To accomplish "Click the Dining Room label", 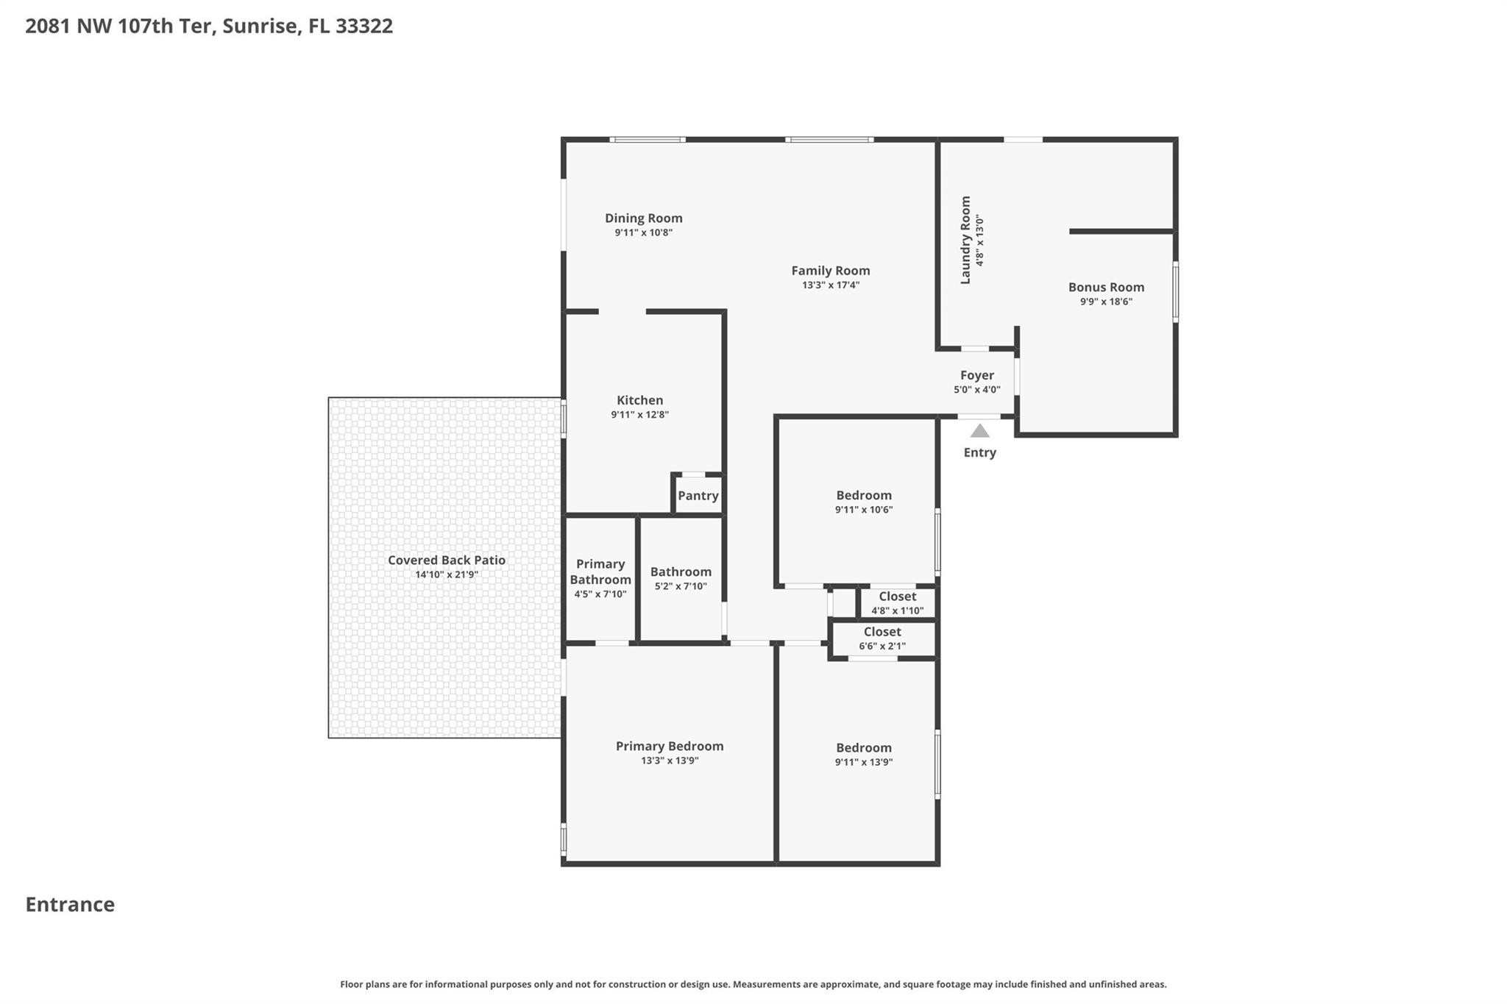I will click(x=643, y=218).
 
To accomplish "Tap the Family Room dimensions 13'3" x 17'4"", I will click(x=830, y=285).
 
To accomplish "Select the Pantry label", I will click(x=698, y=495).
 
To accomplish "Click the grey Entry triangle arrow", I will click(x=979, y=431).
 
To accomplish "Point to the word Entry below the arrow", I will click(x=979, y=452).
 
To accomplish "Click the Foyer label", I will click(x=976, y=375).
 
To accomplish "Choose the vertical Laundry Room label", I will click(x=965, y=240).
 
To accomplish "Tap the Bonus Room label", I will click(x=1106, y=287).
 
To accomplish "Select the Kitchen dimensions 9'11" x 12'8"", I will click(x=639, y=415).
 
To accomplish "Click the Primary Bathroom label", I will click(x=600, y=572).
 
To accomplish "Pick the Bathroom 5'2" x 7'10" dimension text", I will click(x=680, y=587).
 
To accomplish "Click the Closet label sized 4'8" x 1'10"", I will click(x=897, y=597).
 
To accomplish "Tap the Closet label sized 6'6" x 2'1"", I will click(x=882, y=632).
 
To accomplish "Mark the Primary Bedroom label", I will click(x=669, y=746).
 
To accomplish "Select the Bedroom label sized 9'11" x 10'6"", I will click(x=863, y=495).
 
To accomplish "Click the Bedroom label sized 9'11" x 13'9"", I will click(x=863, y=747).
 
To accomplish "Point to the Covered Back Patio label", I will click(x=446, y=560).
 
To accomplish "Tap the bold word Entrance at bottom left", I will click(x=70, y=904).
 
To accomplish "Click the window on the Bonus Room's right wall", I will click(x=1175, y=292).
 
